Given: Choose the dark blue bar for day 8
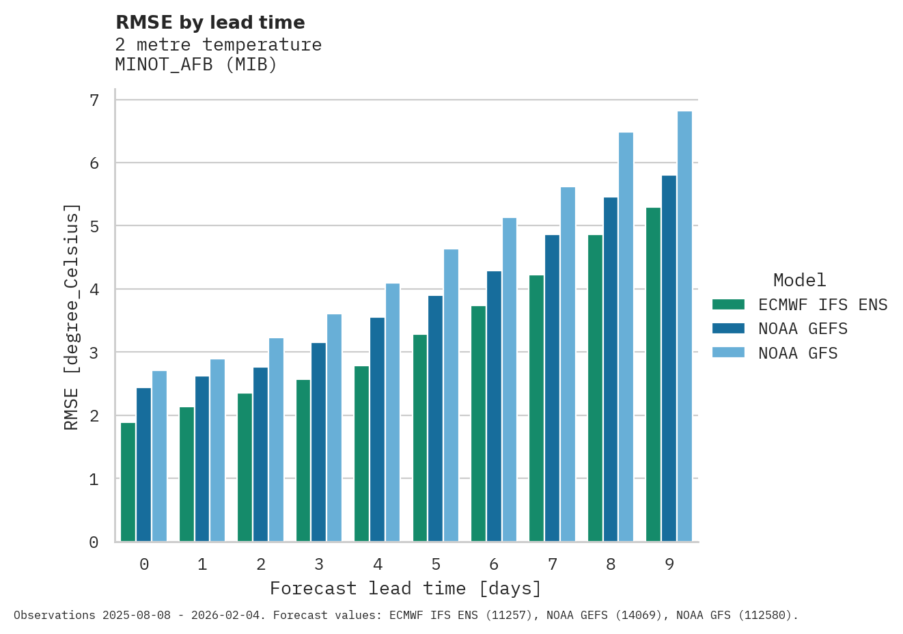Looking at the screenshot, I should click(x=610, y=370).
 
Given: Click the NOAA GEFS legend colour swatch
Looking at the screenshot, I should click(x=728, y=329).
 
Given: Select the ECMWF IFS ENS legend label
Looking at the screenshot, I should click(x=822, y=305).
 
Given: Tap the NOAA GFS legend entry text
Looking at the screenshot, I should click(x=797, y=353).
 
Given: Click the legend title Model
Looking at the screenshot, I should click(x=799, y=280).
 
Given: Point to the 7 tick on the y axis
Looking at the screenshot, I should click(x=94, y=100).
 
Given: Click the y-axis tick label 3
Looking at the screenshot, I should click(x=94, y=353).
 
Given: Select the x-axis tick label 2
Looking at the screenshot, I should click(x=261, y=564).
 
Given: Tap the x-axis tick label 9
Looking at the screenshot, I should click(x=669, y=564).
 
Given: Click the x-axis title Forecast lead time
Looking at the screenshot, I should click(x=406, y=588).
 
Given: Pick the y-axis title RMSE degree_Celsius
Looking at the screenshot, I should click(x=71, y=316).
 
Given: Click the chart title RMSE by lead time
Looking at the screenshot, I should click(x=210, y=23).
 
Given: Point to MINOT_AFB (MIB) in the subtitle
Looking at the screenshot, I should click(x=196, y=65).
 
